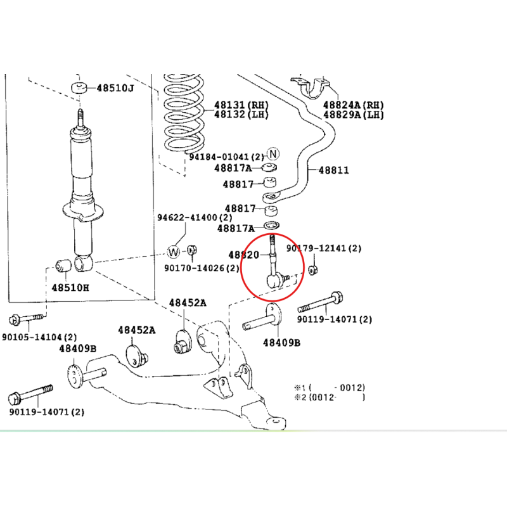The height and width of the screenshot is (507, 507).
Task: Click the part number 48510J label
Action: [115, 87]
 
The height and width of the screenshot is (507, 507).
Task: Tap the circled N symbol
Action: [273, 154]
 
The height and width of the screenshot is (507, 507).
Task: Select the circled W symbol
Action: [174, 252]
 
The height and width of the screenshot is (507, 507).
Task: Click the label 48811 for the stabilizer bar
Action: [334, 170]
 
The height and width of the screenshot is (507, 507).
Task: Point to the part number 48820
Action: [244, 255]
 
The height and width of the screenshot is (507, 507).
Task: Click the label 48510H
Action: [70, 288]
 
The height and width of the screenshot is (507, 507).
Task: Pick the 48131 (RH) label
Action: [241, 105]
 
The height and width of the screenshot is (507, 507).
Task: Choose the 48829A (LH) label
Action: [354, 115]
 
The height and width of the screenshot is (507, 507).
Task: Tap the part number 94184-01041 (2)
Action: [227, 157]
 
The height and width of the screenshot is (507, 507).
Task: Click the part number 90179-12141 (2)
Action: [324, 248]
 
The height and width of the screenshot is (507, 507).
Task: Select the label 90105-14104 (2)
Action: [39, 337]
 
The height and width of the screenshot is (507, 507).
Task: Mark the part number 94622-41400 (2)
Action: [195, 217]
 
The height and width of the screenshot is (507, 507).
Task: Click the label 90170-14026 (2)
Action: [202, 268]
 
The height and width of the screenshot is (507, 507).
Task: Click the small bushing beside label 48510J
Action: [79, 88]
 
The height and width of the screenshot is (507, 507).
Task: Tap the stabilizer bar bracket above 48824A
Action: [311, 87]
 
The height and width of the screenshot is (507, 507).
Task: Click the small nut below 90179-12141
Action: [312, 270]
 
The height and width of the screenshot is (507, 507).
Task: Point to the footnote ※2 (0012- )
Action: [330, 397]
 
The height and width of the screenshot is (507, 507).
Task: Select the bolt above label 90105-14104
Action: [26, 319]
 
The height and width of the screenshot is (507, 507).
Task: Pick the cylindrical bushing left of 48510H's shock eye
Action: [63, 266]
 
